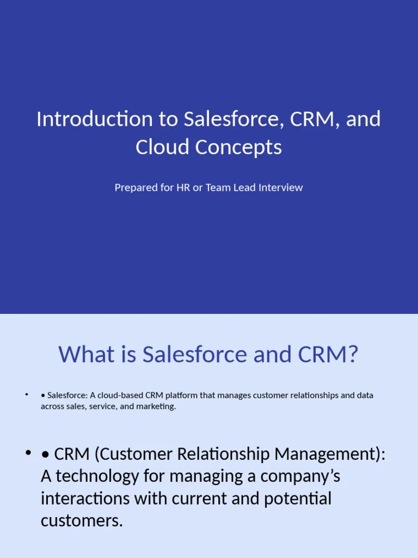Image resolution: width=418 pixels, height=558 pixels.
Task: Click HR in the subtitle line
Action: click(183, 187)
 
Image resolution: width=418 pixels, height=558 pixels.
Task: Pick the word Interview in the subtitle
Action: click(280, 187)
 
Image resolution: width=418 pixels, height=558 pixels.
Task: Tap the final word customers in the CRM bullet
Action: click(82, 521)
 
